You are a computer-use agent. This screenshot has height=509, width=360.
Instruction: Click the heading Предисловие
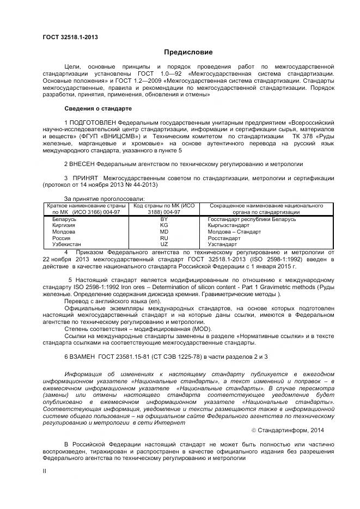(x=188, y=52)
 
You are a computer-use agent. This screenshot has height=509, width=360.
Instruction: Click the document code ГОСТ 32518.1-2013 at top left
(x=70, y=37)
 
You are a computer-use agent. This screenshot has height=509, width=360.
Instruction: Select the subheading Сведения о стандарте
(x=97, y=108)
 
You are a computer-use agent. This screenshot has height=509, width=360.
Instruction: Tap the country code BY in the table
(x=164, y=219)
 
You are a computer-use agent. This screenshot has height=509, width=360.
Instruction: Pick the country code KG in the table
(x=164, y=225)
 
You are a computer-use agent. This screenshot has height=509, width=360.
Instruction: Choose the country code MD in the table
(x=164, y=231)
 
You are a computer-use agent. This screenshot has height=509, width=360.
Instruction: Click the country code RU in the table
(x=164, y=238)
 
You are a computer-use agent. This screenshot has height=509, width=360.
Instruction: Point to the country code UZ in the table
(x=164, y=244)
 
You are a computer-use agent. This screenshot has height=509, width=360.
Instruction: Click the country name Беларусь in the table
(x=64, y=219)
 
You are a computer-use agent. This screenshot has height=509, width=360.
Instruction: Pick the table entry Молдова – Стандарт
(x=234, y=231)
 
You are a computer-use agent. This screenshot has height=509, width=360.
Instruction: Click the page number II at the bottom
(x=44, y=472)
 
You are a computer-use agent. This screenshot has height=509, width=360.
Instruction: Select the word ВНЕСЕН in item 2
(x=85, y=163)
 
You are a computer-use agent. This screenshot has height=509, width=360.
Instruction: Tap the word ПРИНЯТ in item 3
(x=84, y=177)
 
